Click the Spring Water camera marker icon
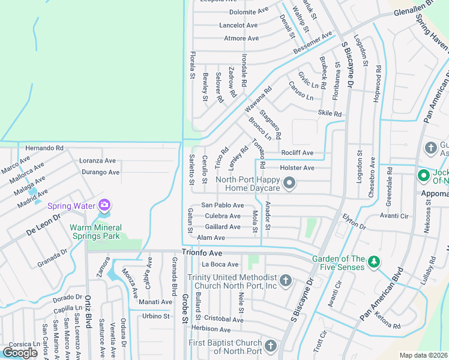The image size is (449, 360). tap(105, 206)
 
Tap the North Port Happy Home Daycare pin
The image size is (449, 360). tap(289, 184)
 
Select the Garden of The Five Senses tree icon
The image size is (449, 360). tap(374, 262)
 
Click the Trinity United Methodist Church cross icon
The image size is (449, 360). tap(286, 280)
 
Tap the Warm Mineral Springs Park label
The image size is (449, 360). tap(95, 232)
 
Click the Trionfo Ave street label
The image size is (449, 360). tap(202, 253)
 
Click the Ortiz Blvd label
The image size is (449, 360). tap(87, 310)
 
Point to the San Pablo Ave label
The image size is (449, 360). tap(222, 205)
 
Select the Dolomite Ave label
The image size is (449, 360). tap(249, 11)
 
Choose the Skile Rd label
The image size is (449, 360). tap(330, 113)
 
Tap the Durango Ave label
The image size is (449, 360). tap(100, 172)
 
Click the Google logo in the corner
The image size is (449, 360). tap(20, 352)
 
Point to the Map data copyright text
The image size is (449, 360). tap(423, 355)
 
